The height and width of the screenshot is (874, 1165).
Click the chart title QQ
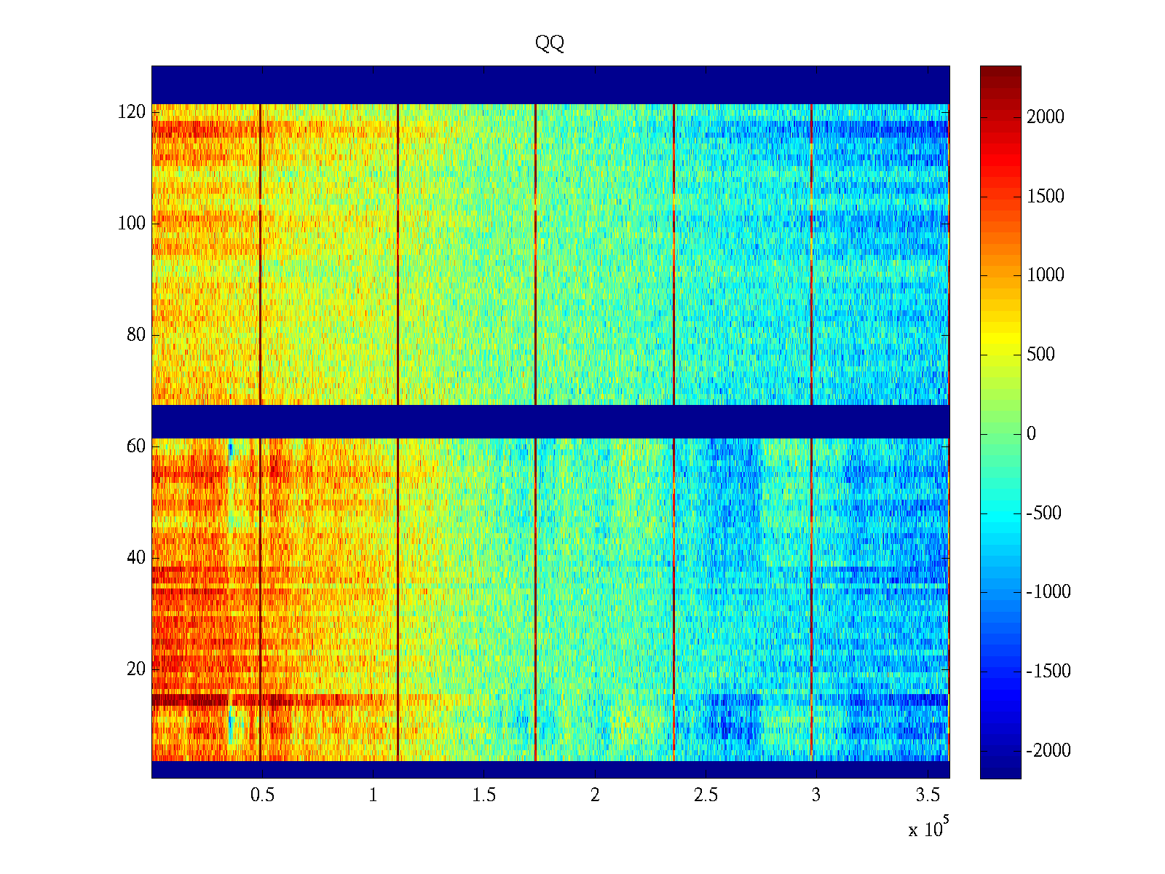550,44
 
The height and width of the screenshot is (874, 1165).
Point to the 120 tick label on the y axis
132,112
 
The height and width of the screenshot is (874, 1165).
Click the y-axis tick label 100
132,224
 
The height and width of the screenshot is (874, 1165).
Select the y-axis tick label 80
136,335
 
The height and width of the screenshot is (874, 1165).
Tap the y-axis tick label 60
136,446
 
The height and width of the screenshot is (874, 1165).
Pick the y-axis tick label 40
136,558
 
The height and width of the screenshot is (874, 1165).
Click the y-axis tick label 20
136,669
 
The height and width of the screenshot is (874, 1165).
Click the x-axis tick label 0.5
262,795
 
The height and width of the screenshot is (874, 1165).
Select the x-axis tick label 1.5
484,795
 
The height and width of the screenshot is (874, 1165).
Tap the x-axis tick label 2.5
706,795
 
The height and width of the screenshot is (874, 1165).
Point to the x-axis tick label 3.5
928,795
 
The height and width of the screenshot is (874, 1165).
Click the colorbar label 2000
1046,117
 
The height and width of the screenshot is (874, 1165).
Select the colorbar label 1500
1046,197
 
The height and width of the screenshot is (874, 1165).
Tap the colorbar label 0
1031,434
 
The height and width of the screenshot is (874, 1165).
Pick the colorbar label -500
1044,513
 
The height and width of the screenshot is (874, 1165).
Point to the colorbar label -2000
1048,751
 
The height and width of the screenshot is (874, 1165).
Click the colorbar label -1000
1048,592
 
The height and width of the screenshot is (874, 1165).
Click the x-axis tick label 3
816,795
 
